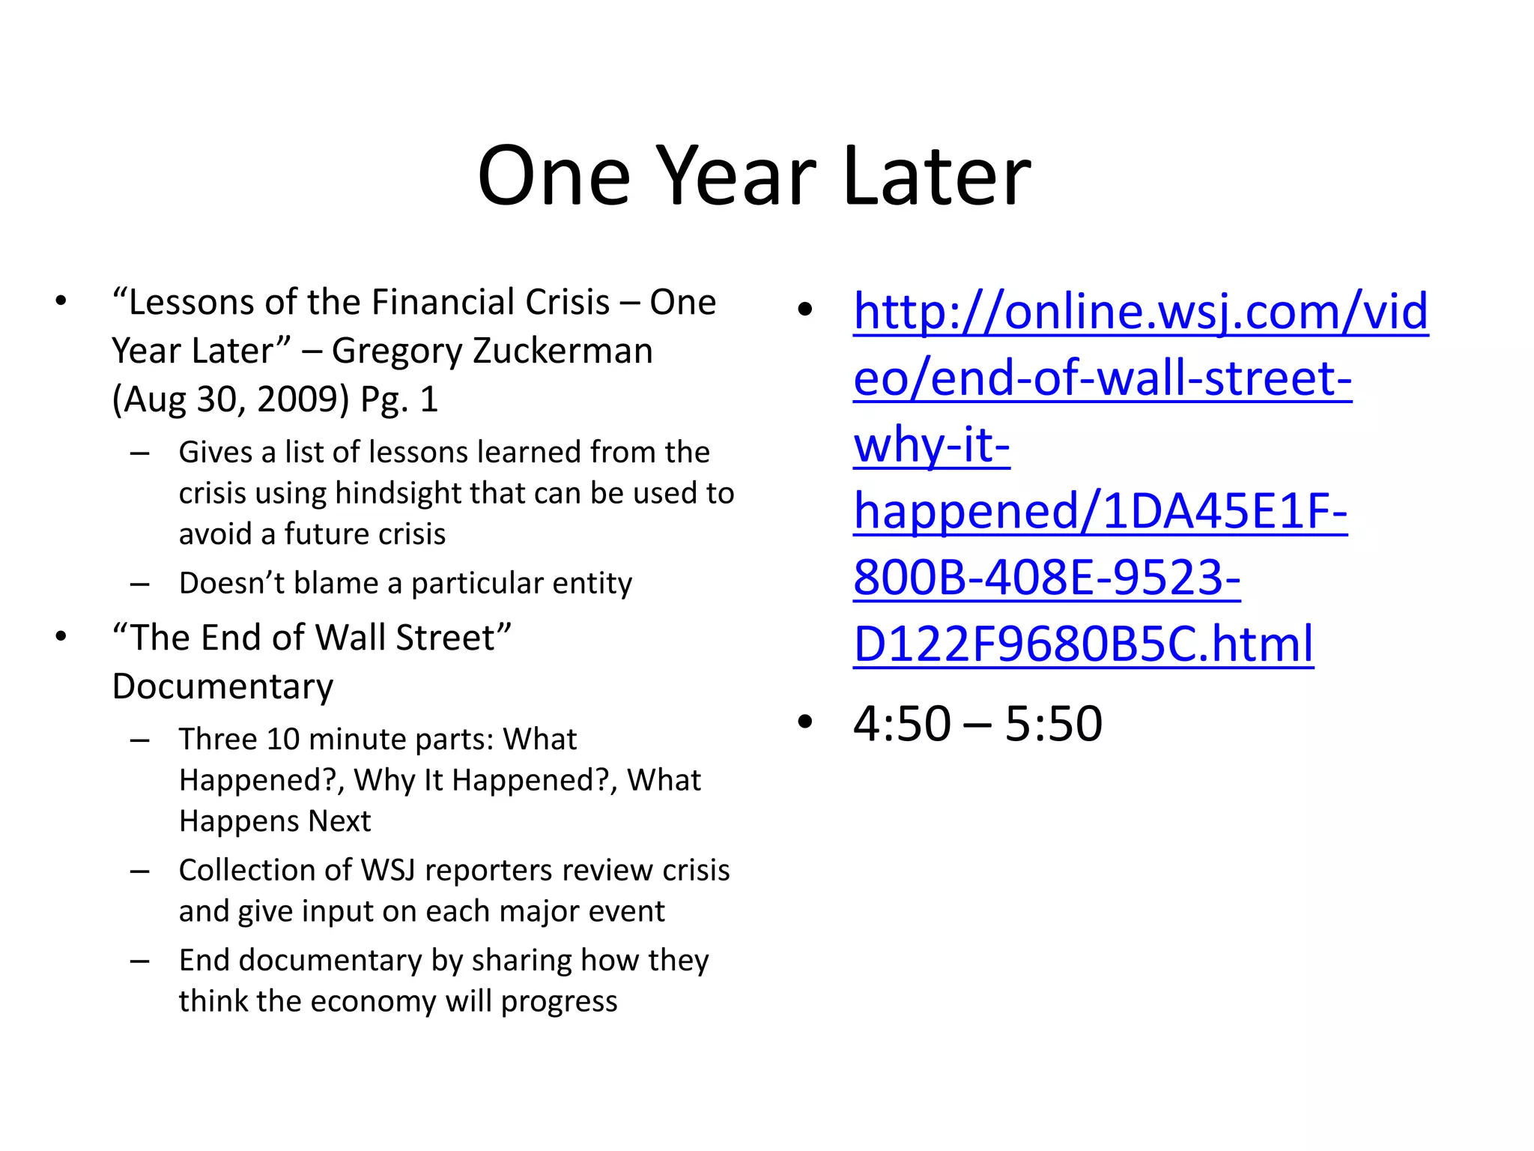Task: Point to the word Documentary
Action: [222, 686]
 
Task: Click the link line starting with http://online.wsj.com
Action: [1140, 311]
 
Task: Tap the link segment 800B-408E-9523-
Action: [1046, 578]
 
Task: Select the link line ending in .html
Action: [1083, 644]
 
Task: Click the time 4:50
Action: [902, 724]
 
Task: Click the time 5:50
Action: [1053, 724]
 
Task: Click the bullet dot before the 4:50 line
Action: [805, 722]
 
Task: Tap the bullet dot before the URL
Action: [805, 309]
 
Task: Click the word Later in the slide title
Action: [936, 177]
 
